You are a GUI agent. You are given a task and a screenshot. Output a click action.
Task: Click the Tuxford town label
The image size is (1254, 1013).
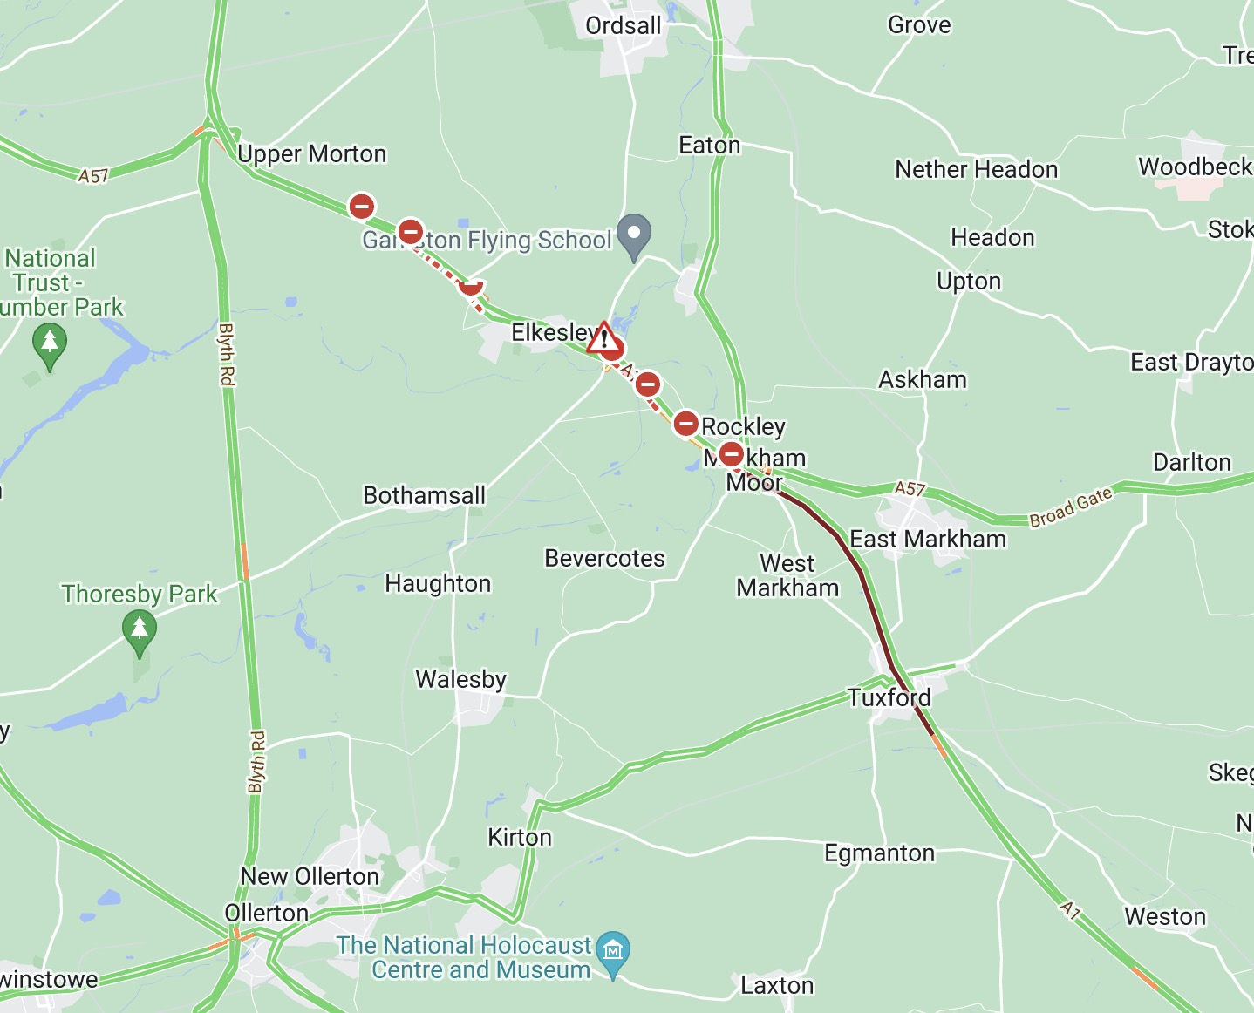tap(889, 697)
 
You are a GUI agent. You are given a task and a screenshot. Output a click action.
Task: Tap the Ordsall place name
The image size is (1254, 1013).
tap(623, 26)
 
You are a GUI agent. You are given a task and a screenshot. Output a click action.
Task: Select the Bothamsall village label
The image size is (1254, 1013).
tap(424, 495)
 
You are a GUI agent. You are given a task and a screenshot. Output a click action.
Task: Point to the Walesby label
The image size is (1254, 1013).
tap(460, 679)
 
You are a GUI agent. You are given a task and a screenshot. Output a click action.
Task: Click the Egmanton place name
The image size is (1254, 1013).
tap(879, 853)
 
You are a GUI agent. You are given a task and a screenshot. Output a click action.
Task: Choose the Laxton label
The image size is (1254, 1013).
tap(777, 986)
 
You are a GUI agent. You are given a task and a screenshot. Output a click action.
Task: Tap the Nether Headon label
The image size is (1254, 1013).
tap(976, 169)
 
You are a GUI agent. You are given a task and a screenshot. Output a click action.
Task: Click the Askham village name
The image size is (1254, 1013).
tap(923, 380)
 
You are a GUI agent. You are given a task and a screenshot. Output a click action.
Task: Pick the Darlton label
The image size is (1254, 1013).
tap(1192, 462)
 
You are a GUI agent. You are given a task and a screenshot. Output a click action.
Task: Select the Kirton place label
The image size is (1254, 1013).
tap(520, 837)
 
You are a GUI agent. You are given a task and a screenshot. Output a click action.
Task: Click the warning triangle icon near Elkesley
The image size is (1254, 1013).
tap(603, 337)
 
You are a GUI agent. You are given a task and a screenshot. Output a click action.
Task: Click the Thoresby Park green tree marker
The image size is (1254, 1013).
tap(140, 629)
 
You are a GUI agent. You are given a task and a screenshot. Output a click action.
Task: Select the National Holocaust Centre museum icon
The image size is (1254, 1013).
tap(614, 949)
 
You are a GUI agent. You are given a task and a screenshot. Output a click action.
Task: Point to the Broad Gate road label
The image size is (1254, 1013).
tap(1071, 506)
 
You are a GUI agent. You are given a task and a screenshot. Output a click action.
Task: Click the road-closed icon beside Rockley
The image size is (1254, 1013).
tap(686, 425)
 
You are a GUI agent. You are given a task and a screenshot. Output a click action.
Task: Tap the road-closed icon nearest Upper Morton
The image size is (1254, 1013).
tap(362, 207)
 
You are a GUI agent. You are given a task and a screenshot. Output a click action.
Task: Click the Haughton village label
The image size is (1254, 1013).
tap(438, 583)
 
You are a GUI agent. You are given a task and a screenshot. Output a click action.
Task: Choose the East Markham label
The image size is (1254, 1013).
tap(928, 540)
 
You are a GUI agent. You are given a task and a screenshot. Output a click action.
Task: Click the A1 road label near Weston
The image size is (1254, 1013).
tap(1071, 909)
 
